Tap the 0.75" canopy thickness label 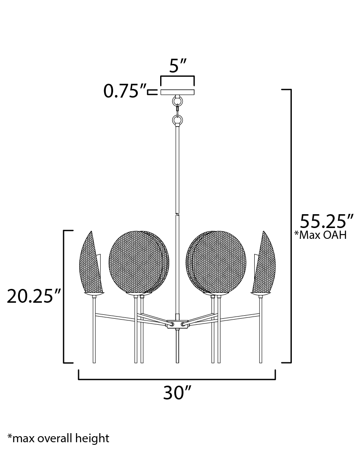(125, 91)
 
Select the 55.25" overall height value (326, 221)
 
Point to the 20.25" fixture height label (34, 296)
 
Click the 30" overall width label (177, 393)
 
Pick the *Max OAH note (320, 235)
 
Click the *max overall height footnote (58, 438)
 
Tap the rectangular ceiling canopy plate (177, 92)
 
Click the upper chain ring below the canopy (177, 101)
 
